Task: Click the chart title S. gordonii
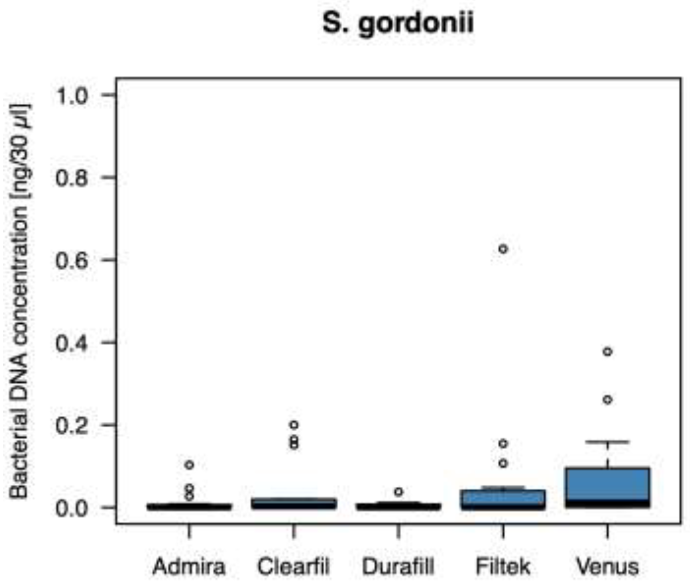point(398,24)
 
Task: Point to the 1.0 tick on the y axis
point(72,97)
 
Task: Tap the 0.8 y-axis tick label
point(72,178)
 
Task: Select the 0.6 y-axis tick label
point(72,261)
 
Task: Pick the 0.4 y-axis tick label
point(72,343)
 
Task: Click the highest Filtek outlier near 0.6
point(503,249)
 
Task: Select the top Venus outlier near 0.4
point(608,352)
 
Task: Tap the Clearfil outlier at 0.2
point(294,425)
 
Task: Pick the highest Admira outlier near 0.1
point(189,465)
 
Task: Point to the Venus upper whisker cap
point(608,442)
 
